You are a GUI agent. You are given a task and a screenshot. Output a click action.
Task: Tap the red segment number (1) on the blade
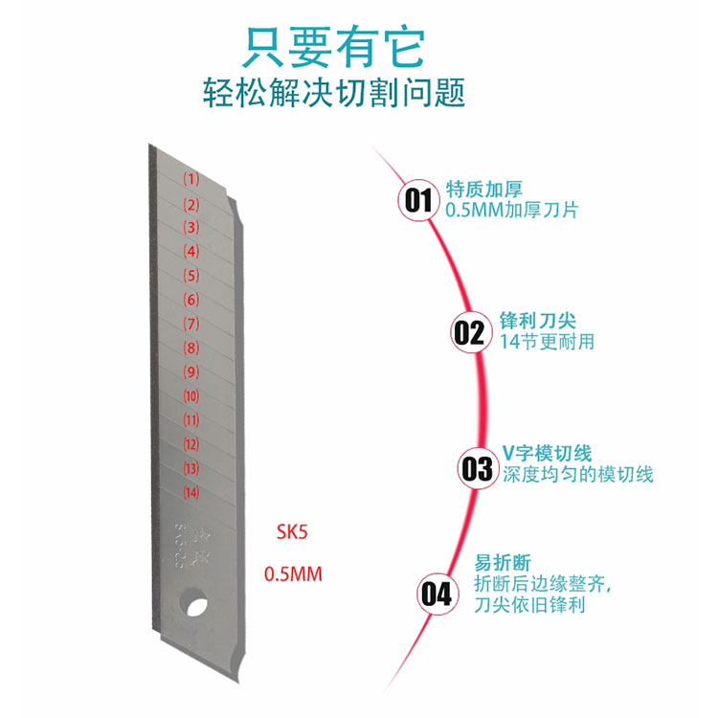(191, 179)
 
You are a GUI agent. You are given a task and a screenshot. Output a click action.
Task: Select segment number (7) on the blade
(191, 324)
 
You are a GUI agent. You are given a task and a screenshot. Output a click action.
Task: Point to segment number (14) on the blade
(191, 493)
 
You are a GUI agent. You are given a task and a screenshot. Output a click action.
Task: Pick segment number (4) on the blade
(191, 252)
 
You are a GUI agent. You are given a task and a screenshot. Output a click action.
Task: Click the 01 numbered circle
(418, 200)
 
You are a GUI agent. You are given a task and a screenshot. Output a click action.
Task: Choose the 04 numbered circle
(436, 595)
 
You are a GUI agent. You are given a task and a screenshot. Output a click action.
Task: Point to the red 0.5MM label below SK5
(293, 574)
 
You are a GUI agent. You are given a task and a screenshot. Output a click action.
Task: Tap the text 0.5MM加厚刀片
(512, 208)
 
